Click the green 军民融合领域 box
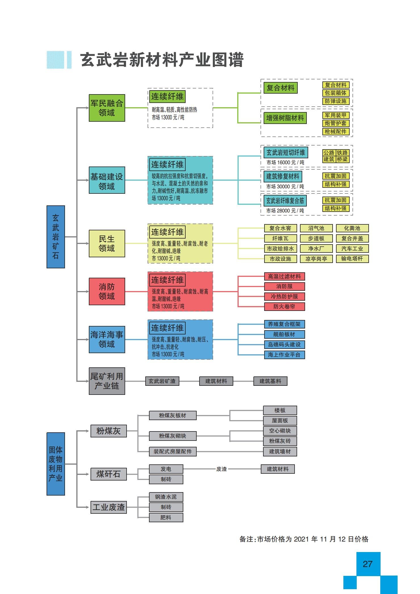point(107,108)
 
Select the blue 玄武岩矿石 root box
point(56,237)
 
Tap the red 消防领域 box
point(107,291)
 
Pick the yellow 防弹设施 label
point(336,101)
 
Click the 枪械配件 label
point(336,132)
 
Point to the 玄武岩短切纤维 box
point(286,153)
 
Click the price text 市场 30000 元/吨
point(285,186)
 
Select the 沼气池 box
point(316,228)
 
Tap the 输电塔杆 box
point(352,259)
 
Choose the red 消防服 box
point(284,287)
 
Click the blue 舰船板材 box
point(284,334)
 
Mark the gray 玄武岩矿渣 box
point(162,381)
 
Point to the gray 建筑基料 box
point(270,381)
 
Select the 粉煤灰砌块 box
point(173,436)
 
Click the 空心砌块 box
point(280,431)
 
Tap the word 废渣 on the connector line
point(222,469)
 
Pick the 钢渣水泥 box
point(166,497)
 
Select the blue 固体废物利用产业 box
point(56,464)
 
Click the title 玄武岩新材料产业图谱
point(162,60)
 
